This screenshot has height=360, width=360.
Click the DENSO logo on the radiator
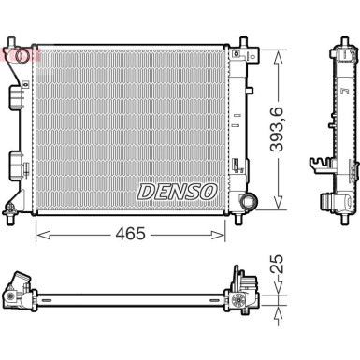point(178,191)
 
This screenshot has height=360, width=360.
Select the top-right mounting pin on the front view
point(243,43)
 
